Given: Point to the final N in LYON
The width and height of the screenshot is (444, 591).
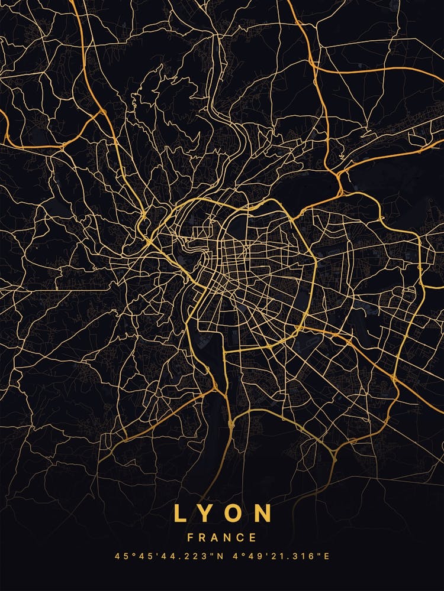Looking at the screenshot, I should click(263, 513).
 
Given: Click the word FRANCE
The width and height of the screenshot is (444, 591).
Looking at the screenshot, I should click(222, 538).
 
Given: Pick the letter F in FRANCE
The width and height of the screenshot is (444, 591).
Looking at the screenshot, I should click(190, 538).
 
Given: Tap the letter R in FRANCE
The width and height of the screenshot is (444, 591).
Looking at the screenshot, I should click(202, 538).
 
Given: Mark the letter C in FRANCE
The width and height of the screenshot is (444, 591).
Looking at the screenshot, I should click(241, 538).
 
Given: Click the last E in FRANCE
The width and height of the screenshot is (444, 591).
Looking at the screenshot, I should click(253, 538).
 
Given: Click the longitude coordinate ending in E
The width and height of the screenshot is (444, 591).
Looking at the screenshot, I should click(282, 556).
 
